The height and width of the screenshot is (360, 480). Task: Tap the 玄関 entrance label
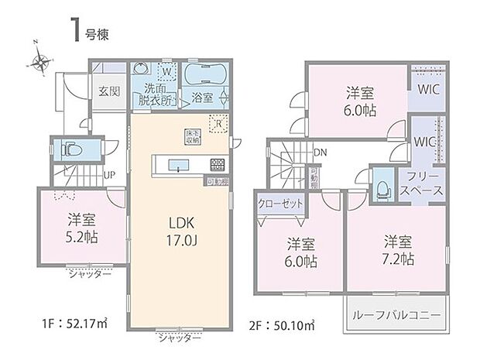click(108, 90)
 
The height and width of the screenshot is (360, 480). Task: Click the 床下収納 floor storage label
click(192, 137)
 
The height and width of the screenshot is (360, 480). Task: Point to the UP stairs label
click(111, 175)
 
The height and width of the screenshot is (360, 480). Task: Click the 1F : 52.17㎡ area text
click(52, 321)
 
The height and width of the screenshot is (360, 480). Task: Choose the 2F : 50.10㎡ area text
click(282, 321)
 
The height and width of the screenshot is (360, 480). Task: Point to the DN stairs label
click(319, 153)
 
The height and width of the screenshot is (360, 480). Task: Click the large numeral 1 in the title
click(78, 29)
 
